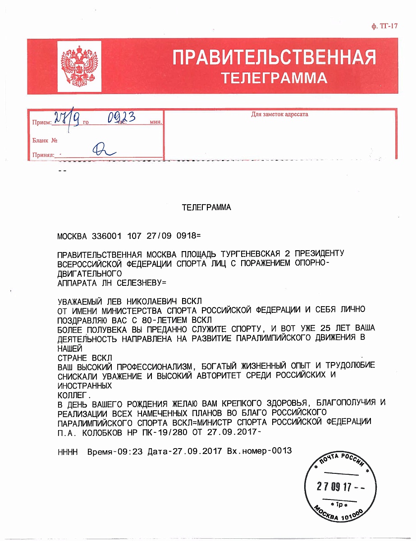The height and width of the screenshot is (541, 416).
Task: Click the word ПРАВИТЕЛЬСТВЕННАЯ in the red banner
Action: [274, 58]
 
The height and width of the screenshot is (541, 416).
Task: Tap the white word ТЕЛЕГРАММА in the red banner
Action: [274, 78]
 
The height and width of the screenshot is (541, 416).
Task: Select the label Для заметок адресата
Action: [279, 115]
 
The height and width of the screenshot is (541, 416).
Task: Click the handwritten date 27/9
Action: [67, 119]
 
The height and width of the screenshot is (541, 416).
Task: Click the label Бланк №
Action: [45, 140]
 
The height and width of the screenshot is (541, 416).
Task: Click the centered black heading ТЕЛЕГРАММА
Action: [206, 208]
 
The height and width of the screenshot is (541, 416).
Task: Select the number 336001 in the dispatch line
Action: [107, 236]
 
